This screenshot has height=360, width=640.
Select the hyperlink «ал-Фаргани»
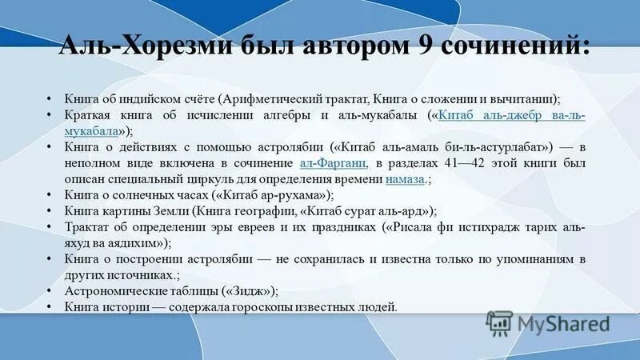[333, 164]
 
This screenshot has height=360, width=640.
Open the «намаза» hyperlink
[404, 180]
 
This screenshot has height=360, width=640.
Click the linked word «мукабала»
[93, 131]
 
